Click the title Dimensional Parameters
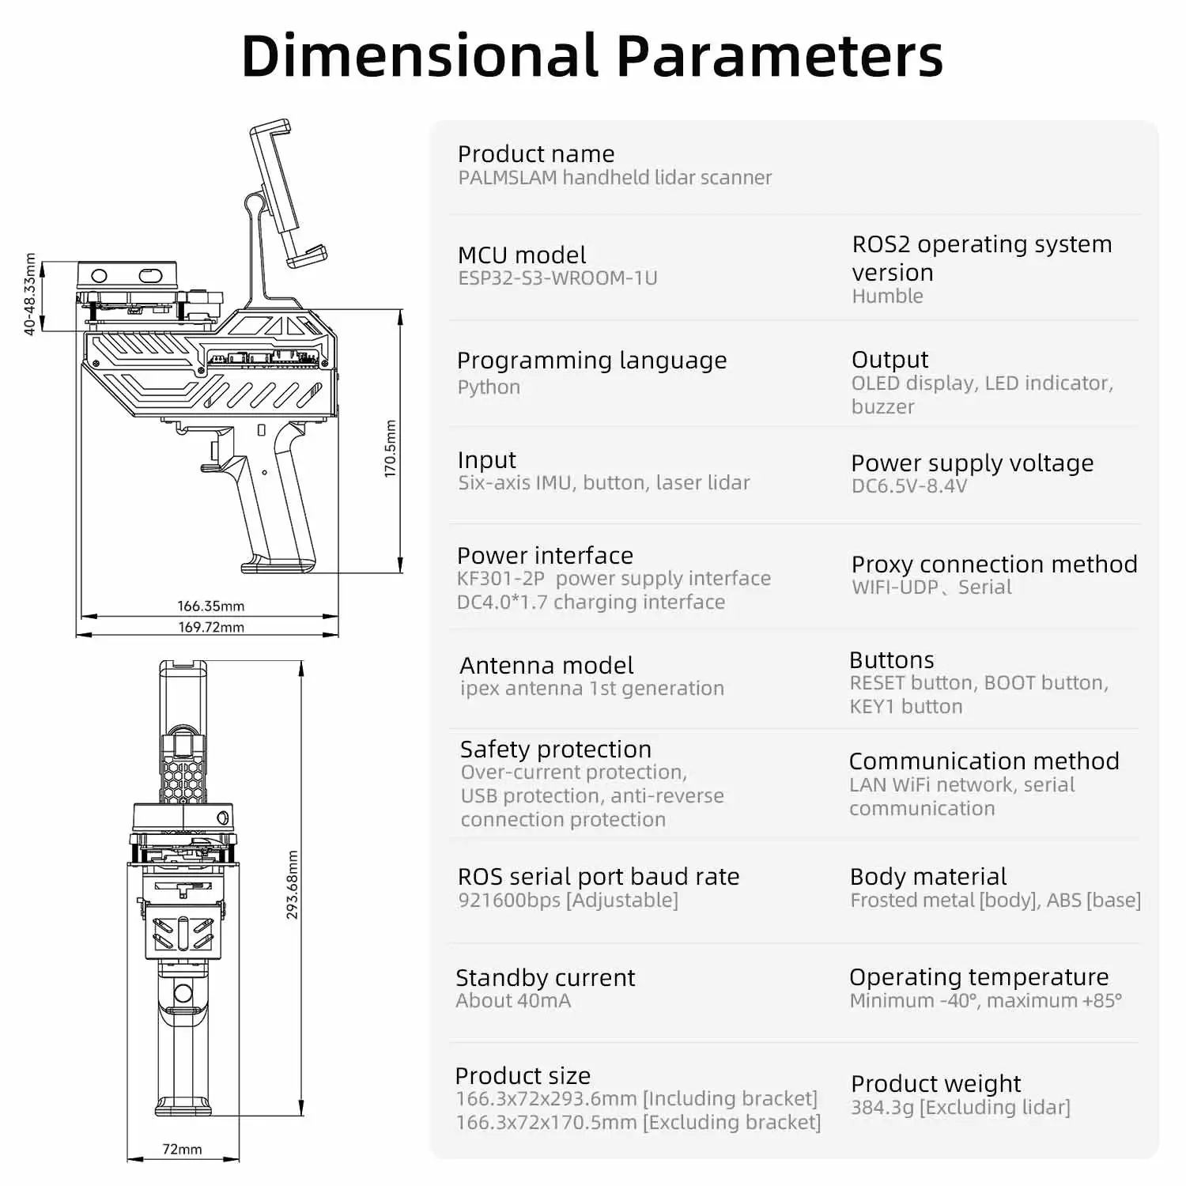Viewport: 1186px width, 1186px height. coord(592,56)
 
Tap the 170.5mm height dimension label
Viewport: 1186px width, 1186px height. coord(391,448)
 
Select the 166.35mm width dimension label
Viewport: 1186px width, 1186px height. coord(210,606)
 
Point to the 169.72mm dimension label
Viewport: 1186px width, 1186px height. coord(210,627)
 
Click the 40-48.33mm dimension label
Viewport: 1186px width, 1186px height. coord(30,294)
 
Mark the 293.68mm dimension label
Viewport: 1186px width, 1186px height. coord(293,885)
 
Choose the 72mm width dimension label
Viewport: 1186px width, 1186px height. coord(182,1149)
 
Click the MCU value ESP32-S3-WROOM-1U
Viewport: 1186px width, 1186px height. coord(557,278)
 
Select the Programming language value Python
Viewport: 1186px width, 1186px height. coord(489,387)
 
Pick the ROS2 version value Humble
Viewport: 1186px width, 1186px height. coord(887,296)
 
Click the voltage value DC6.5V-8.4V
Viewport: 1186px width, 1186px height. coord(909,486)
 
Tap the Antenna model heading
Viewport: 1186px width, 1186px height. coord(546,665)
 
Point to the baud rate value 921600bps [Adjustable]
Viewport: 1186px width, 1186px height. coord(568,901)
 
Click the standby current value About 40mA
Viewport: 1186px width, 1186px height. coord(513,1001)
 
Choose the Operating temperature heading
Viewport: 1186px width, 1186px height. coord(979,977)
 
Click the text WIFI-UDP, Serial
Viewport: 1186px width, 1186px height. coord(931,587)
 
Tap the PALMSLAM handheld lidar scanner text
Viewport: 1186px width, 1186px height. coord(614,178)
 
